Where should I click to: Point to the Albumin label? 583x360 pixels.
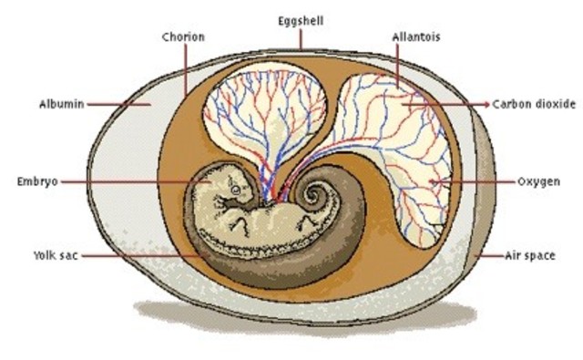pos(63,104)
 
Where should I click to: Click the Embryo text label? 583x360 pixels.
pos(37,181)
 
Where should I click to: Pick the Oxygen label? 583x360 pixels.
pos(537,181)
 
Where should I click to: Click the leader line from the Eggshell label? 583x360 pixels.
pos(300,42)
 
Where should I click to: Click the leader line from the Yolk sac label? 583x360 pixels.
pos(137,255)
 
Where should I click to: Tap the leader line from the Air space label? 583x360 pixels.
pos(487,256)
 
